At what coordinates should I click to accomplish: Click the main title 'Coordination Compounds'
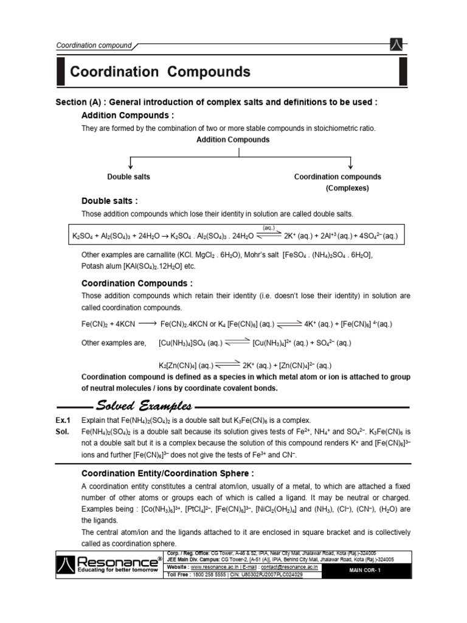click(160, 72)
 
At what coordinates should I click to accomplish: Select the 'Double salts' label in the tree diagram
click(128, 176)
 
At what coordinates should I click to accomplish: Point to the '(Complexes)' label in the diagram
click(347, 188)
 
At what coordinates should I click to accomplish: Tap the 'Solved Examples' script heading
click(145, 406)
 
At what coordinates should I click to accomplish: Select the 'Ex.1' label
click(63, 420)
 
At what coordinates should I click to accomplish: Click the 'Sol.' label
click(63, 431)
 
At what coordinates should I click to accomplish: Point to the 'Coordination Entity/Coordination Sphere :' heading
click(167, 473)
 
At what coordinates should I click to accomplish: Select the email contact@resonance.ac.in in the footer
click(285, 566)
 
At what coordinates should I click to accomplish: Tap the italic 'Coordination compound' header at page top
click(94, 45)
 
